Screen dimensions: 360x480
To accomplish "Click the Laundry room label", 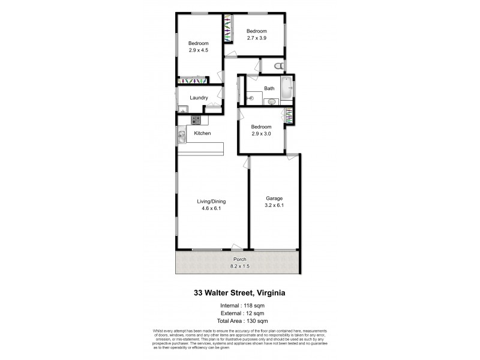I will pyautogui.click(x=199, y=98).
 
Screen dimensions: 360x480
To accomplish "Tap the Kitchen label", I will pyautogui.click(x=202, y=133).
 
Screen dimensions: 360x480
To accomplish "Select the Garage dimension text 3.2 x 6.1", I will pyautogui.click(x=274, y=205).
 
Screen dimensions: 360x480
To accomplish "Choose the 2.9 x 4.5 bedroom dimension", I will pyautogui.click(x=198, y=50).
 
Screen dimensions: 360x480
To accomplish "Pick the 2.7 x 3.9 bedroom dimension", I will pyautogui.click(x=256, y=38).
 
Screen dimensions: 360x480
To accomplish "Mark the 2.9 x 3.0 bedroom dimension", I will pyautogui.click(x=261, y=134).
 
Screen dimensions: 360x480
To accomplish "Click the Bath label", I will pyautogui.click(x=269, y=89).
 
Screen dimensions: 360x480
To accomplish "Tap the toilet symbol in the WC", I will pyautogui.click(x=277, y=65).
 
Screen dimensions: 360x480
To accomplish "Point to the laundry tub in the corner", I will pyautogui.click(x=181, y=109).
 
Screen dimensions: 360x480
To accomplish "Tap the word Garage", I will pyautogui.click(x=274, y=198).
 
